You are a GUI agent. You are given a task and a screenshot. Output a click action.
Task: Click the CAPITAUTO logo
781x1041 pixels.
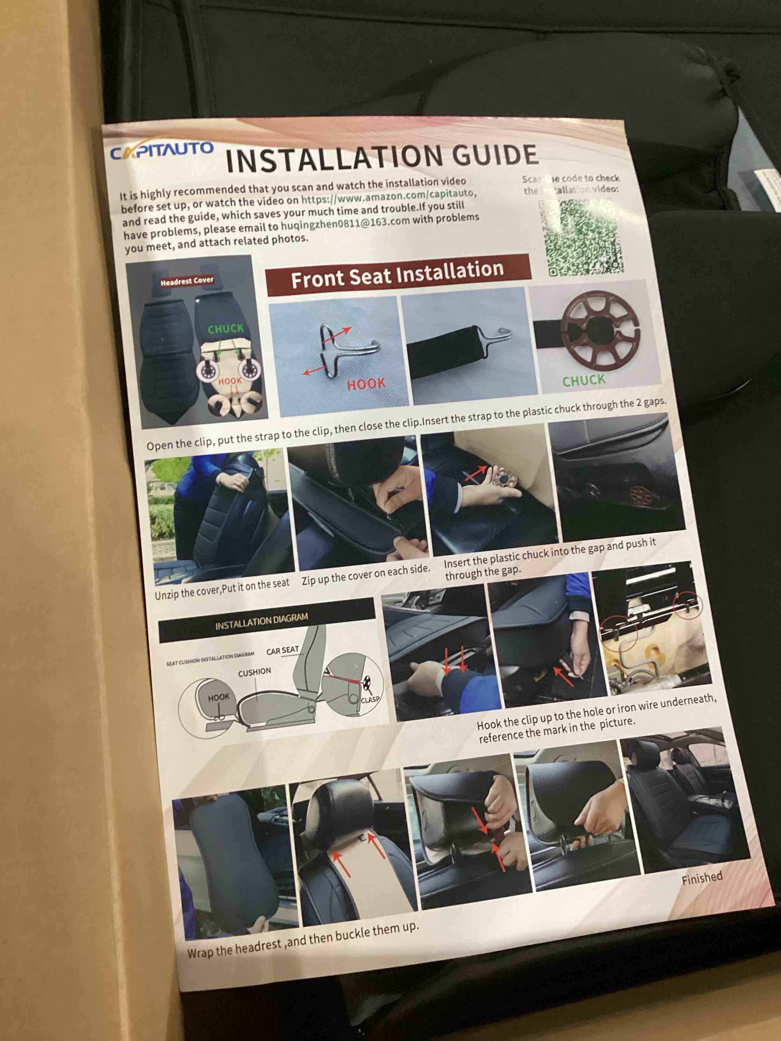[161, 151]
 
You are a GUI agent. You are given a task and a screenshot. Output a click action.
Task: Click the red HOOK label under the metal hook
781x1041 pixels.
[366, 384]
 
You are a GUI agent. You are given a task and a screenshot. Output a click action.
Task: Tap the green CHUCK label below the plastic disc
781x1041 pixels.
[584, 380]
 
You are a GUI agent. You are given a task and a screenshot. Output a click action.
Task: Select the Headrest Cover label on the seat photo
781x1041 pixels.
[187, 281]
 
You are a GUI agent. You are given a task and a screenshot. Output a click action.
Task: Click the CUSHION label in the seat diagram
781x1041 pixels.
[254, 672]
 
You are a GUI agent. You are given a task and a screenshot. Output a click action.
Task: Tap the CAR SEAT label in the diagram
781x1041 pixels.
[282, 650]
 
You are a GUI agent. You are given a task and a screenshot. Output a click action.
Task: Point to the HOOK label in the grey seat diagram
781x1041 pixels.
[219, 697]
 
